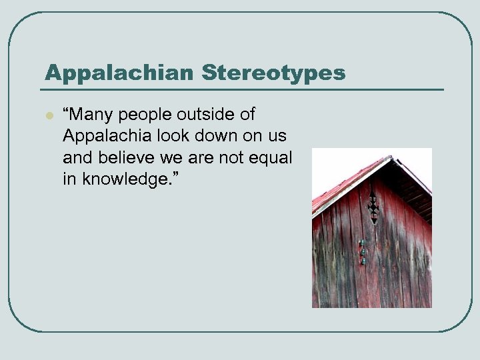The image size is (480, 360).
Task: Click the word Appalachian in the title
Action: pos(97,73)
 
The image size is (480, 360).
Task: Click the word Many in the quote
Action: pos(89,114)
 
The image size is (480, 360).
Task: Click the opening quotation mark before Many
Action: pos(67,109)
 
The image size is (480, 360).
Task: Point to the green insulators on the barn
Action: pos(362,251)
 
